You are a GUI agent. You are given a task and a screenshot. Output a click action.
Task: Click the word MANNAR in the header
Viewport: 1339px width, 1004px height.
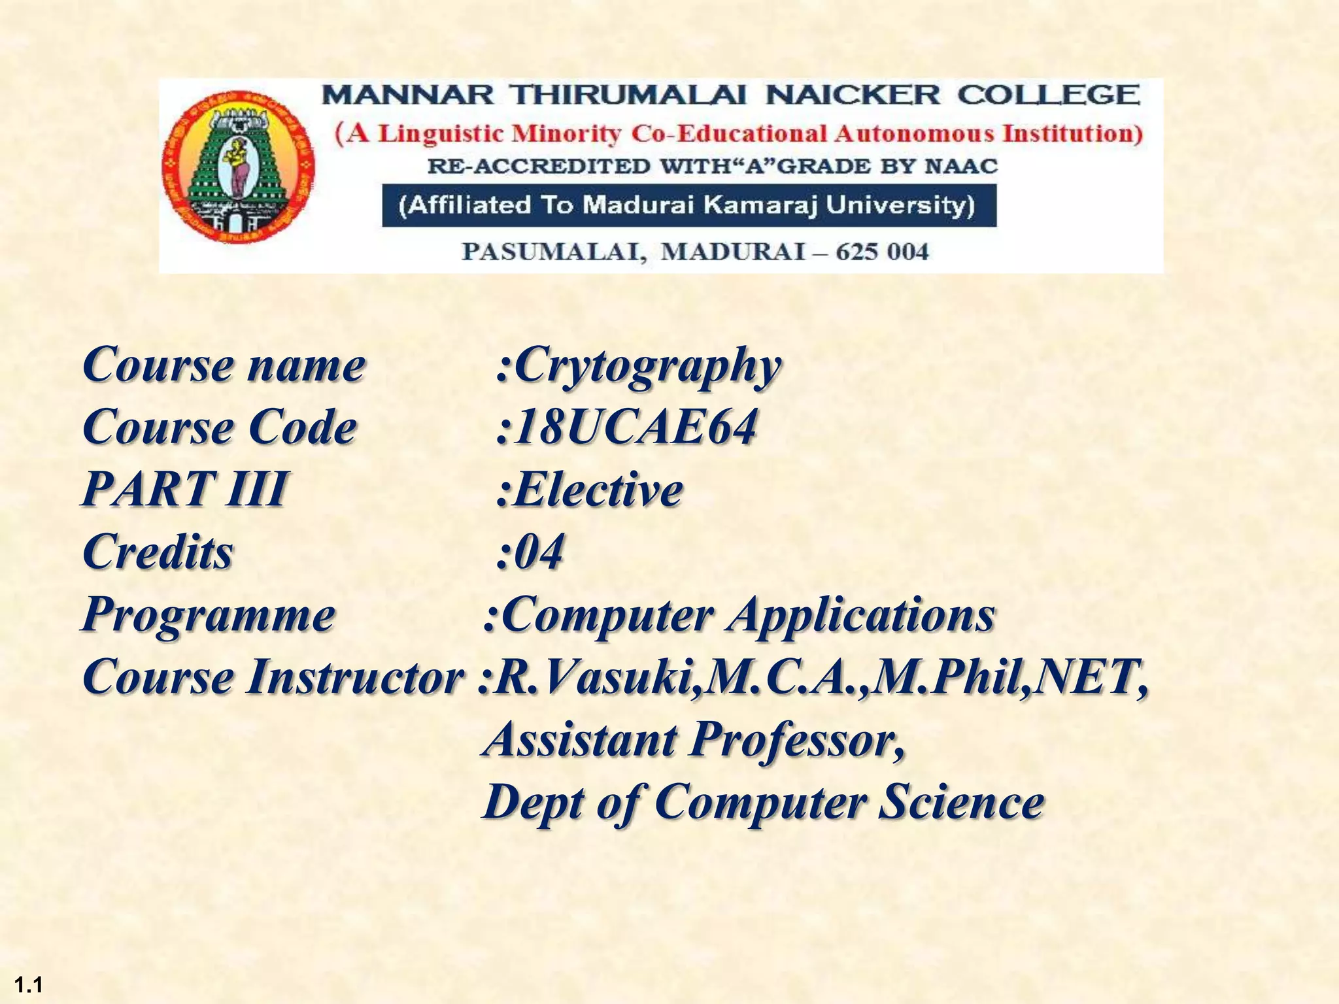pyautogui.click(x=408, y=95)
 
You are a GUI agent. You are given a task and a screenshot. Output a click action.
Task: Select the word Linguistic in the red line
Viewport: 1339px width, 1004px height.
pyautogui.click(x=441, y=133)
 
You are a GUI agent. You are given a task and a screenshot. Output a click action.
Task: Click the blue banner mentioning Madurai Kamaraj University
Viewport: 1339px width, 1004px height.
pyautogui.click(x=688, y=205)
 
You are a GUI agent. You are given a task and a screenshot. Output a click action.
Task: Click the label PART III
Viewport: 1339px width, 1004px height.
pyautogui.click(x=184, y=490)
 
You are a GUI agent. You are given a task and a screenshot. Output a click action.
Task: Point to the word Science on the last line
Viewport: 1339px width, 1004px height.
pyautogui.click(x=960, y=803)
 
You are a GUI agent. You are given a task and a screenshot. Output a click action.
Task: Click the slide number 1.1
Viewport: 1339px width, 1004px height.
pyautogui.click(x=28, y=984)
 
